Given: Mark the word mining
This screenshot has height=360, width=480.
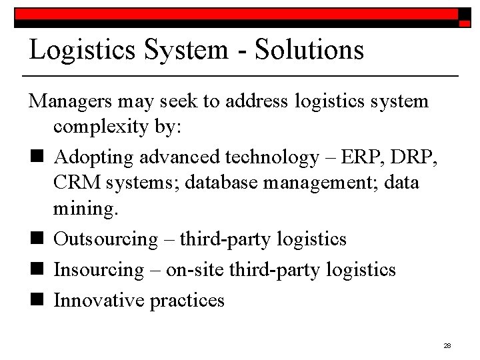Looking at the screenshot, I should click(85, 209).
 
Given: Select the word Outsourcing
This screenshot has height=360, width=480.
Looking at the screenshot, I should click(106, 239).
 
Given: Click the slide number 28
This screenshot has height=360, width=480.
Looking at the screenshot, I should click(447, 345).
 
